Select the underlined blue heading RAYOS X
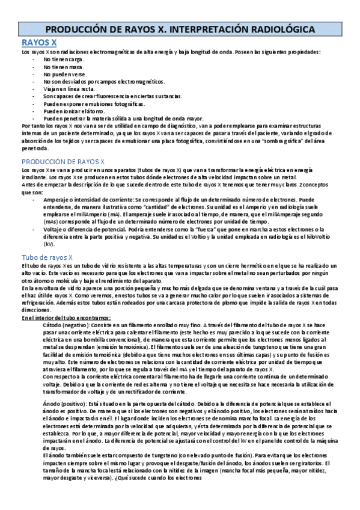click(x=39, y=43)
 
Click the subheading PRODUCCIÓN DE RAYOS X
click(x=63, y=162)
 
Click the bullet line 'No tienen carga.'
click(x=64, y=60)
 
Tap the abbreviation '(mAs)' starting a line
click(x=52, y=222)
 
